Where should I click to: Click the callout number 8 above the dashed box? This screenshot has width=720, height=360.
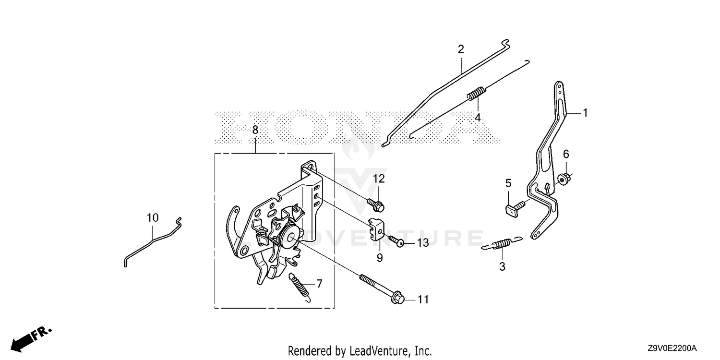point(255,130)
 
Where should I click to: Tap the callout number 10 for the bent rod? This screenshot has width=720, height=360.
point(153,218)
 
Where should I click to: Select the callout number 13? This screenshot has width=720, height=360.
point(423,243)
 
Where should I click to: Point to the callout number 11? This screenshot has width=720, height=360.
point(423,300)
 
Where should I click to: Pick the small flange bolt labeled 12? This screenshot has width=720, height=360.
point(375,204)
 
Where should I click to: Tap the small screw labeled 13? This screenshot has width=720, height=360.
point(396,241)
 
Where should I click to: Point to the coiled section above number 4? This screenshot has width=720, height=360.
point(476,94)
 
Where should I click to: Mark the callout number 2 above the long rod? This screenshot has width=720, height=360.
point(461,49)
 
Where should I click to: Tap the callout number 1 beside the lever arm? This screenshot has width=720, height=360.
point(585,113)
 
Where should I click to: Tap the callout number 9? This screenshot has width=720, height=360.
point(380,257)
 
